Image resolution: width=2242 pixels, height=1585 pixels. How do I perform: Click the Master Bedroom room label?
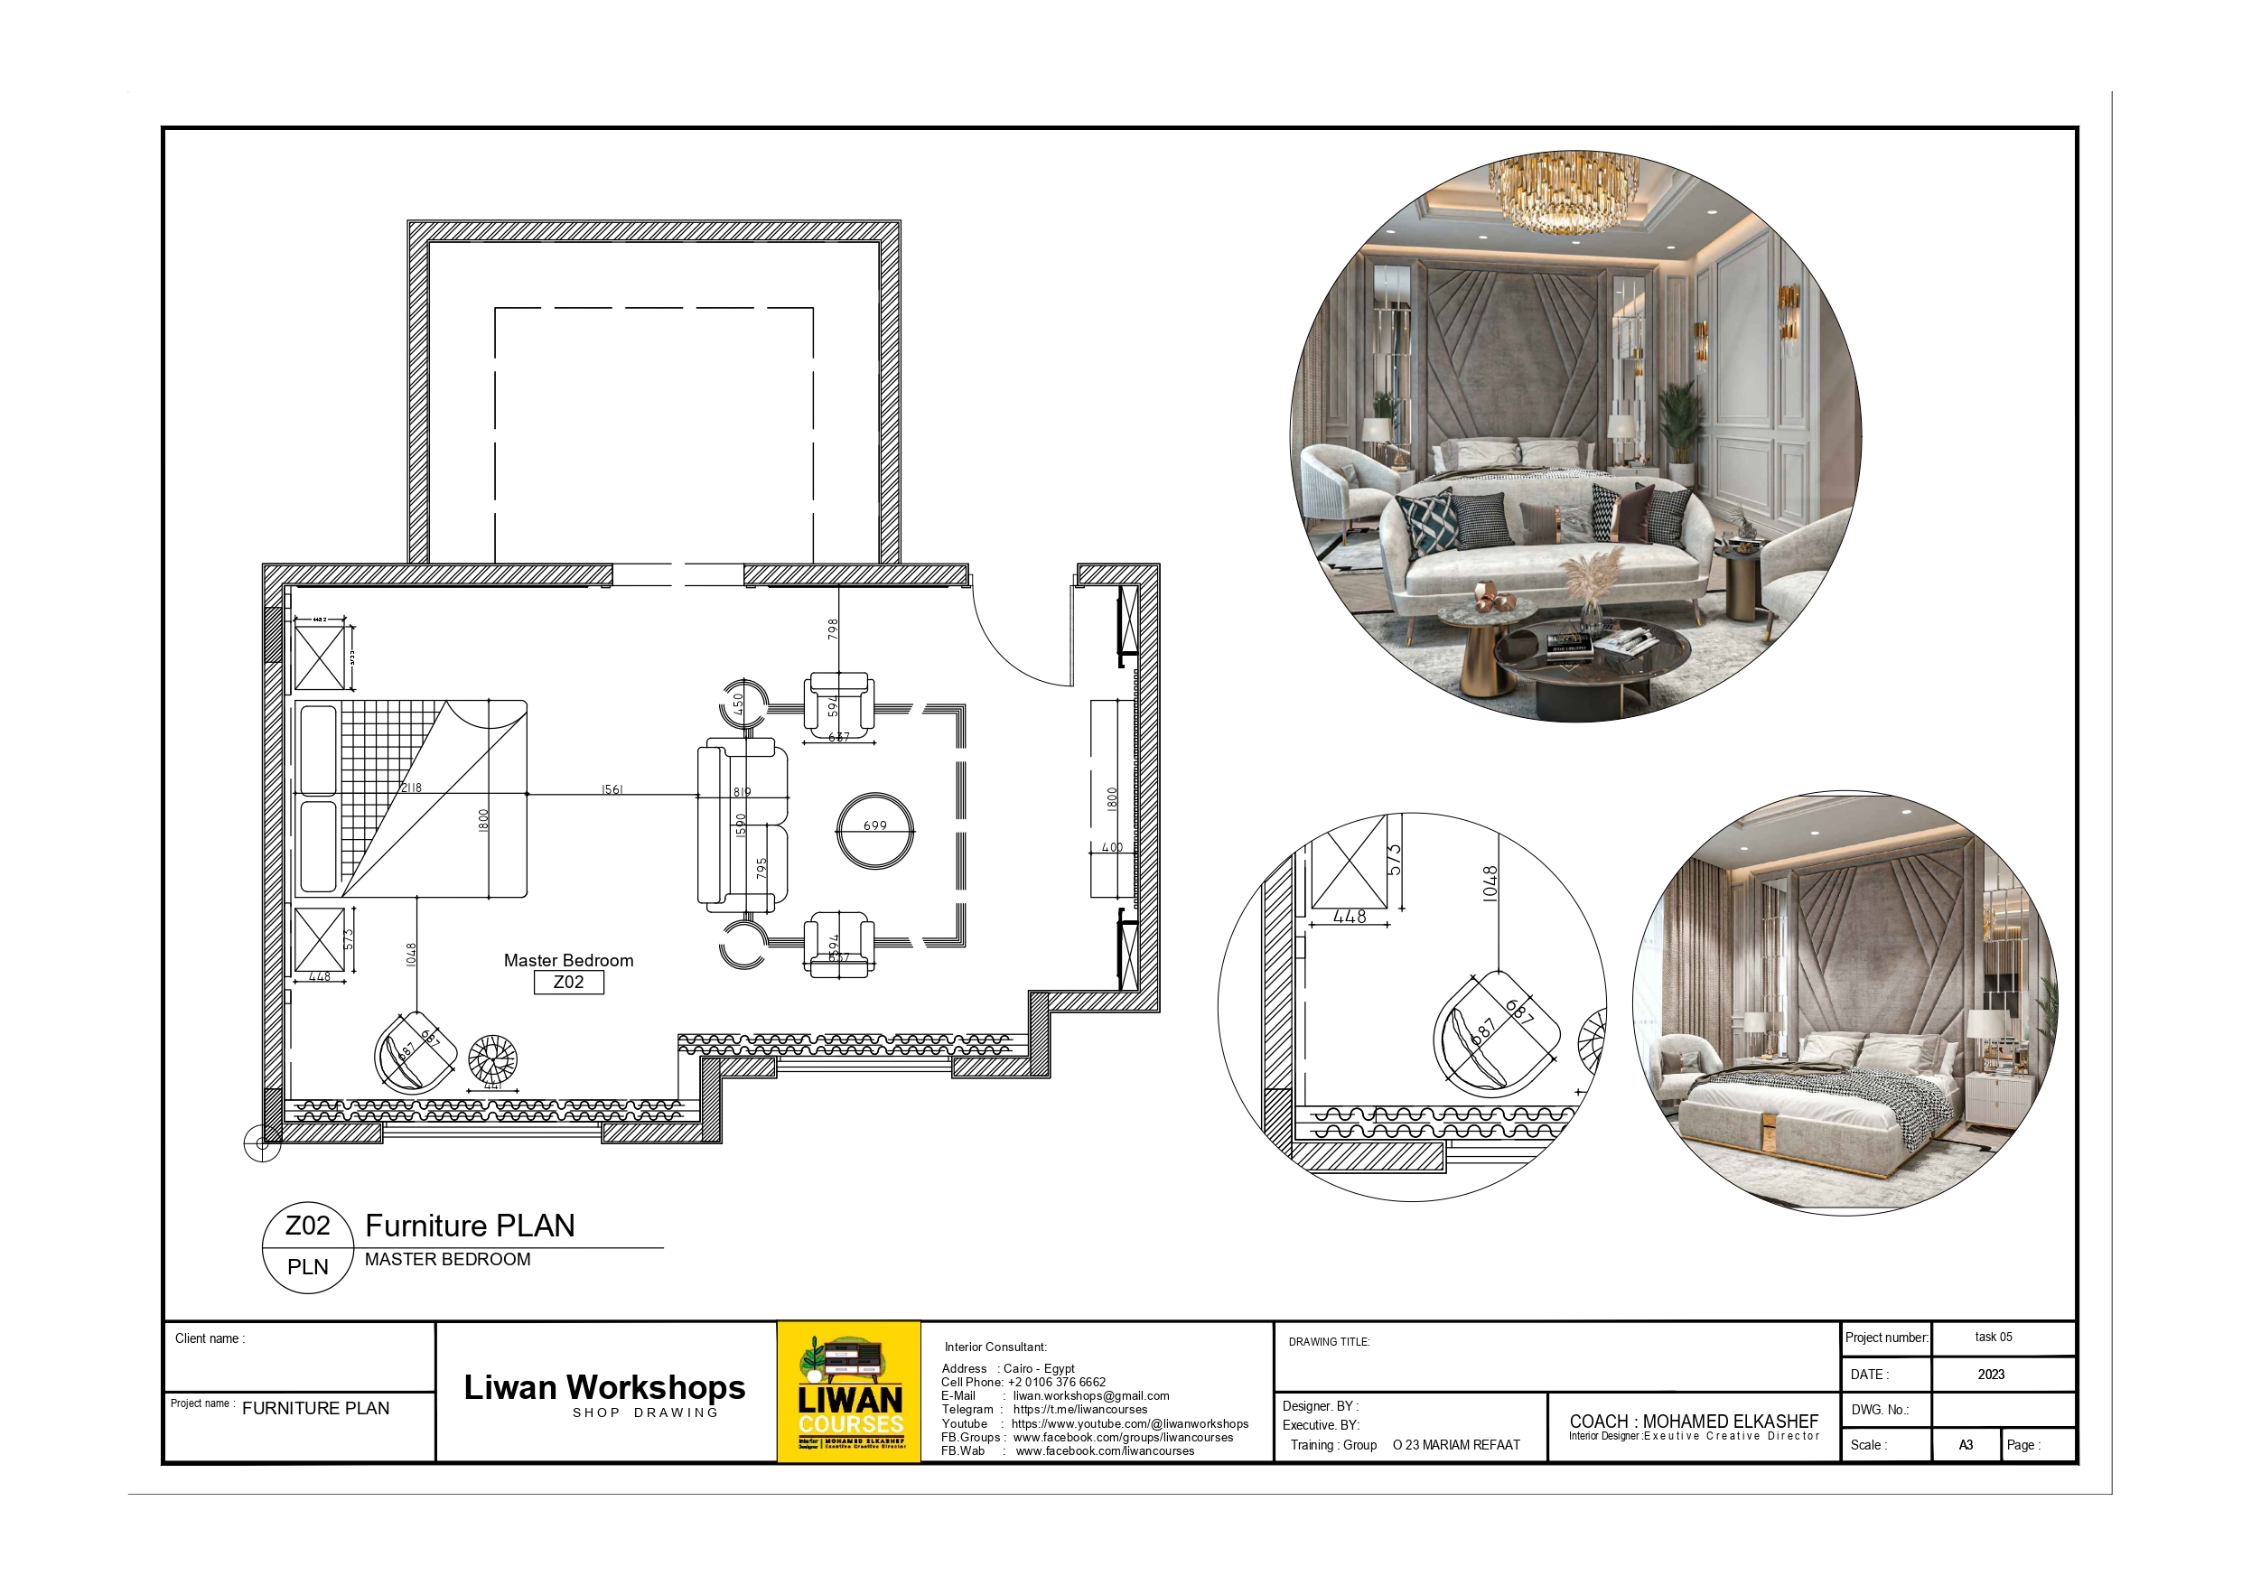(568, 960)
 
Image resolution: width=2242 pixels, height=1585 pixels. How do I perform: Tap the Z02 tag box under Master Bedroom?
(568, 983)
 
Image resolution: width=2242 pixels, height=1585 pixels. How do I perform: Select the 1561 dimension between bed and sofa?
(612, 789)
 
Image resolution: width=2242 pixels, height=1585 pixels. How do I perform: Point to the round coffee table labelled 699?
(875, 830)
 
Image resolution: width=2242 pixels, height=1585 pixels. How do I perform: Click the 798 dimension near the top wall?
(833, 628)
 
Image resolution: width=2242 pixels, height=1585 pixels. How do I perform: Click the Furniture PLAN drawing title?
(470, 1226)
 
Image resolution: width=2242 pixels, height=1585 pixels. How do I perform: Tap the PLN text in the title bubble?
(308, 1266)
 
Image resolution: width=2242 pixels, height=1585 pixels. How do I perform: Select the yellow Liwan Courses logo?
(848, 1392)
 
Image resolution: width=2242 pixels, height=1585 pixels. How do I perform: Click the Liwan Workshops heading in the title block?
(604, 1386)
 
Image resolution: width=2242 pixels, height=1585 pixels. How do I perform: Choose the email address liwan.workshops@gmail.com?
(1090, 1395)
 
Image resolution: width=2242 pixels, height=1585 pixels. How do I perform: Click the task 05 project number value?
(1993, 1337)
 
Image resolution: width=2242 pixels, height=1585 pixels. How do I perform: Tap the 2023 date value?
(1991, 1374)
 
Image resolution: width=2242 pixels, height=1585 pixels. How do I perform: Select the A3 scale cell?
(1966, 1444)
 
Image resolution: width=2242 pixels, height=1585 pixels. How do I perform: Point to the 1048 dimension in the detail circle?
(1490, 884)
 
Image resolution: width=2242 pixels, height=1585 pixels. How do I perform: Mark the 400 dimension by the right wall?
(1112, 847)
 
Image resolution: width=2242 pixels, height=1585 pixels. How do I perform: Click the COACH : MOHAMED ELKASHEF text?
(1693, 1421)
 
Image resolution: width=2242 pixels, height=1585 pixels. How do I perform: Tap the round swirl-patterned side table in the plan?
(492, 1058)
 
